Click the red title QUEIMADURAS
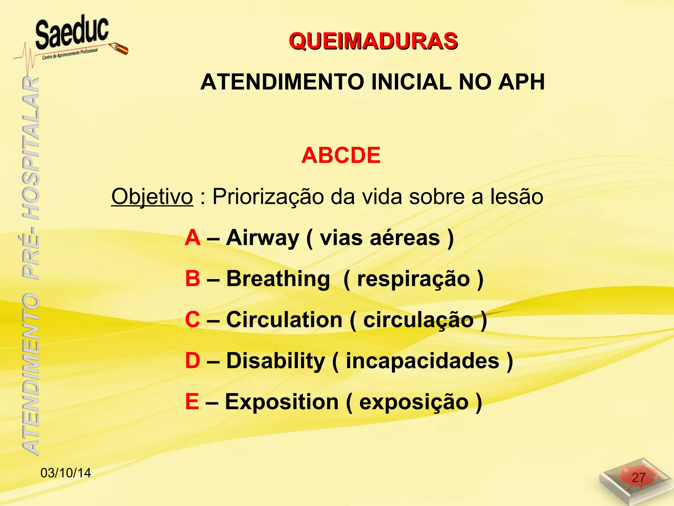tap(373, 42)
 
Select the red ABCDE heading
tap(341, 155)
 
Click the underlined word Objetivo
tap(152, 197)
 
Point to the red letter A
tap(193, 238)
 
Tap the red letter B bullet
tap(193, 279)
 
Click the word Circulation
tap(284, 320)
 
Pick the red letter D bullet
tap(193, 361)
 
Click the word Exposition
tap(282, 402)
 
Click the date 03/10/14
tap(65, 473)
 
